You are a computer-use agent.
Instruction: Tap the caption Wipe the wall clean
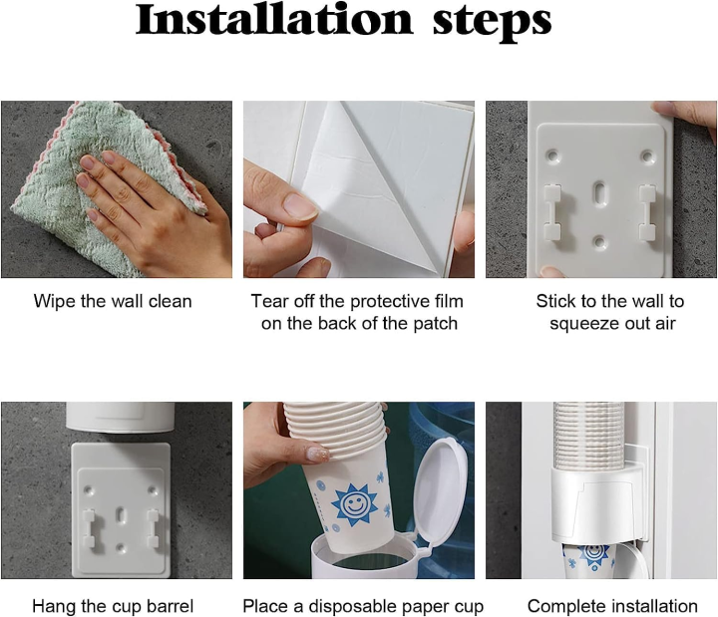tap(113, 301)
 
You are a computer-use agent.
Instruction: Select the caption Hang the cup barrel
tap(113, 606)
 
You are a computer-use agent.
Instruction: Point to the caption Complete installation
tap(612, 606)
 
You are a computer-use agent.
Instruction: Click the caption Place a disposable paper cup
tap(363, 606)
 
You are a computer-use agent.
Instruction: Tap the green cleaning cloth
tap(50, 179)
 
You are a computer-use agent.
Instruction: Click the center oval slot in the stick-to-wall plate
tap(597, 192)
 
